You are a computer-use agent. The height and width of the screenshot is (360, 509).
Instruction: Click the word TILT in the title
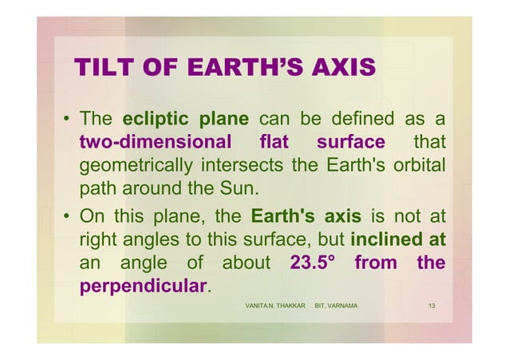click(99, 69)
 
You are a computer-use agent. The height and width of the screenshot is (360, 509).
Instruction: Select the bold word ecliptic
click(156, 121)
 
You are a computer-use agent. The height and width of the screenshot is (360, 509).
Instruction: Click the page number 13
click(432, 307)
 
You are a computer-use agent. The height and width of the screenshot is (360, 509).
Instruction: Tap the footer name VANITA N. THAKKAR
click(275, 307)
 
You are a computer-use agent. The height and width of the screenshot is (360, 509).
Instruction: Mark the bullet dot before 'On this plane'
click(67, 216)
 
